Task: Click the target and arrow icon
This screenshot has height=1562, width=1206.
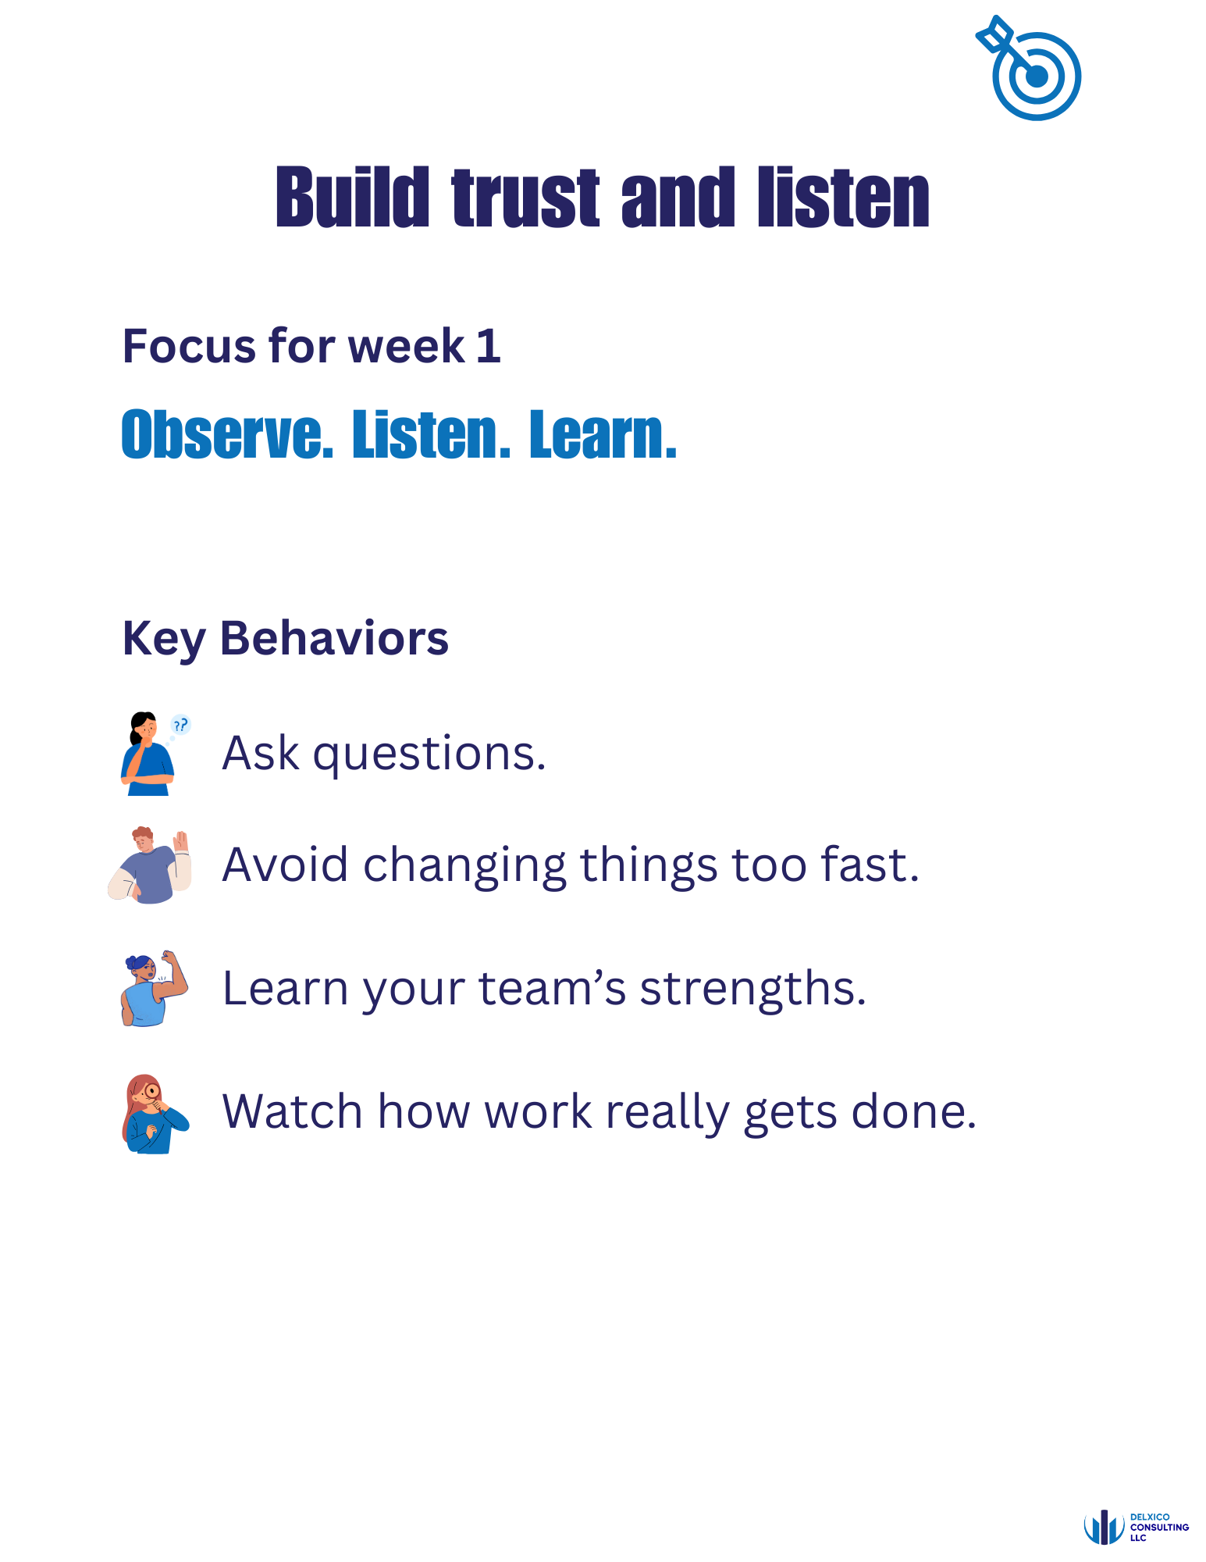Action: [1030, 69]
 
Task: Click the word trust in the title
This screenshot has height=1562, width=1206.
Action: [525, 198]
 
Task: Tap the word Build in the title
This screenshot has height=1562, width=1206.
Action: [352, 198]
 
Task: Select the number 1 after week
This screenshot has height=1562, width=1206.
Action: [488, 346]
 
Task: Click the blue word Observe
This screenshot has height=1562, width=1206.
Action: [227, 434]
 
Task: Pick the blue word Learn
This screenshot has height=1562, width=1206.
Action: [602, 434]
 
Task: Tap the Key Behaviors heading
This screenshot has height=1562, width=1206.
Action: [286, 639]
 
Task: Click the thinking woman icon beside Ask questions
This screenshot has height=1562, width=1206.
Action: [147, 754]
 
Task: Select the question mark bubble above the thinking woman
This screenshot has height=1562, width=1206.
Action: [180, 725]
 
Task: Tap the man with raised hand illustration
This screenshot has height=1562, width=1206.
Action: [150, 865]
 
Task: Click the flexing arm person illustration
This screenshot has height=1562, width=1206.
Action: [155, 988]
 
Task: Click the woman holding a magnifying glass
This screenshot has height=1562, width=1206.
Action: [154, 1114]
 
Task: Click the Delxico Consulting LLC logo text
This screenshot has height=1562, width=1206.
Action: [1158, 1528]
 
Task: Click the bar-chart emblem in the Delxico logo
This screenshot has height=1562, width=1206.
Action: [1104, 1528]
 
